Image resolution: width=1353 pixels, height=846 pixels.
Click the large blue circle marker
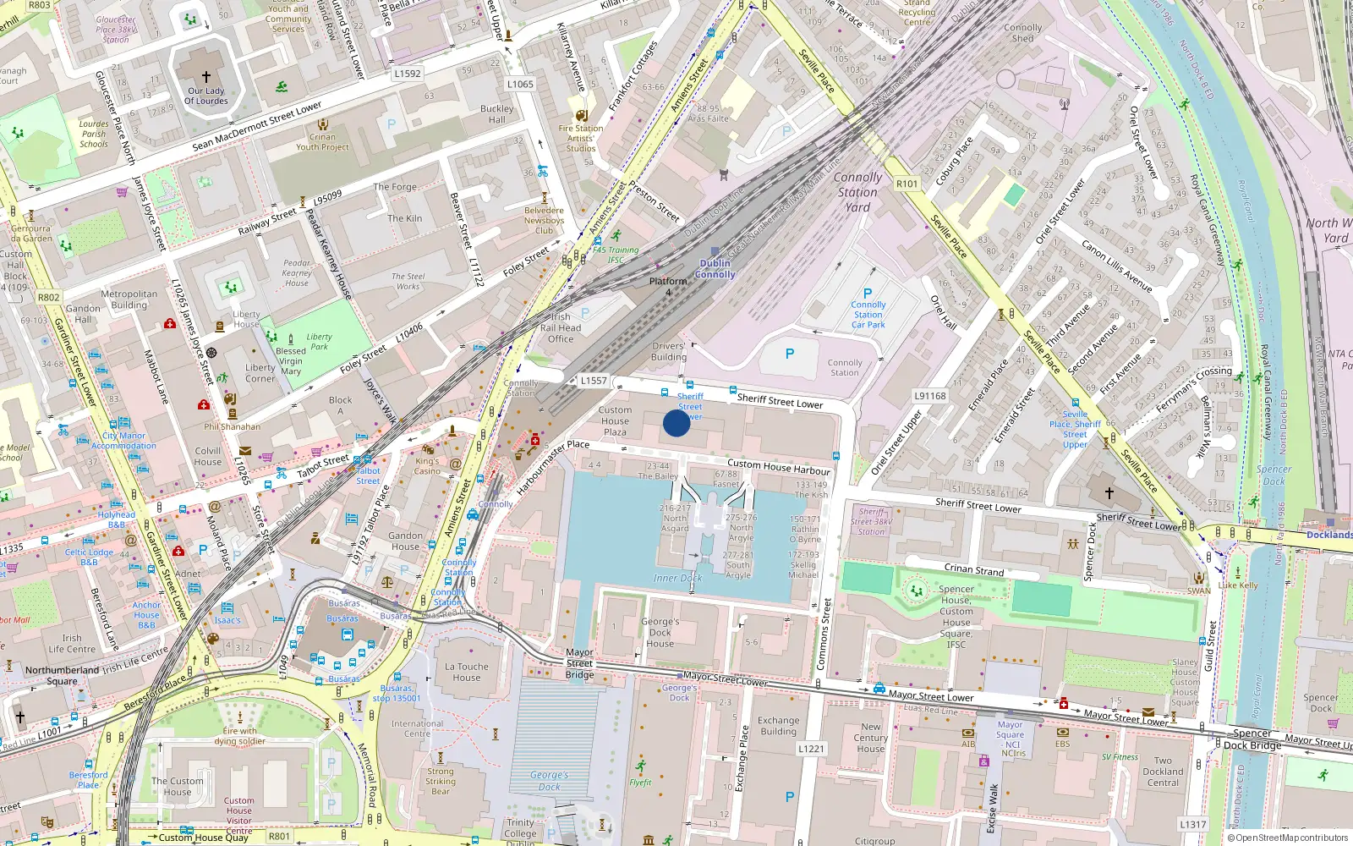coord(676,423)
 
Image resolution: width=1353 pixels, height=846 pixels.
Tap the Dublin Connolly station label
coord(715,269)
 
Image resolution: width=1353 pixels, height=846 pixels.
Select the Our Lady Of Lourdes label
coord(206,96)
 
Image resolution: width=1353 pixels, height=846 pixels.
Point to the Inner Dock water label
coord(677,579)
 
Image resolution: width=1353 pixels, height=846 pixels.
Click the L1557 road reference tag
coord(594,381)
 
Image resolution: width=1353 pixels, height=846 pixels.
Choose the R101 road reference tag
coord(907,184)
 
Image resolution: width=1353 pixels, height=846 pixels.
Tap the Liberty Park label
coord(319,341)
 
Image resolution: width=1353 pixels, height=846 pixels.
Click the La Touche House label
coord(467,672)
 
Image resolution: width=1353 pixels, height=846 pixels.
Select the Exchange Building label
coord(778,726)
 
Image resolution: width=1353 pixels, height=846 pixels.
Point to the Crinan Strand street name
coord(974,569)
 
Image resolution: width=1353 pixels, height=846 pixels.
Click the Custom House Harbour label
coord(779,466)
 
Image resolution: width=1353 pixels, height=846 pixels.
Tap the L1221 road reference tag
coord(811,749)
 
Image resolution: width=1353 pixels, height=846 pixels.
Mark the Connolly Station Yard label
coord(857,192)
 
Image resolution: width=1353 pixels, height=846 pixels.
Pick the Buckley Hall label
coord(497,114)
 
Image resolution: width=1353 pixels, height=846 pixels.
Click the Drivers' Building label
coord(669,351)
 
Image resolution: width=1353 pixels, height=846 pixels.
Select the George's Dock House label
coord(660,632)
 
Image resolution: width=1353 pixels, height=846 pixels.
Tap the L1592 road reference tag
coord(407,74)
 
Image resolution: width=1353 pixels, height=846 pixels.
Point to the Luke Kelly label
coord(1238,585)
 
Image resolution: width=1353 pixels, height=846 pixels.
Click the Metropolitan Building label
coord(129,299)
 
